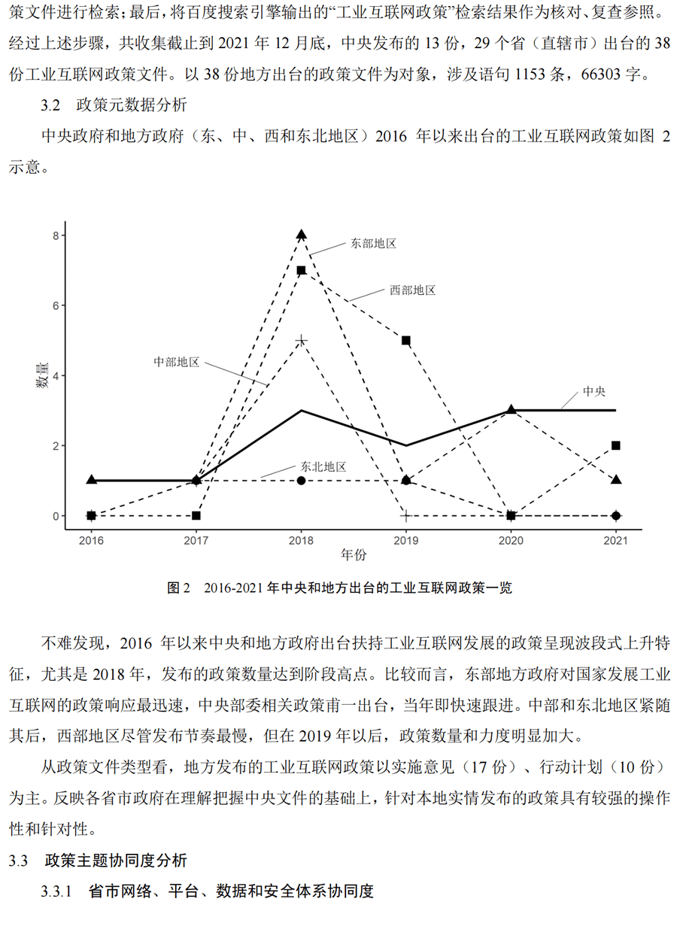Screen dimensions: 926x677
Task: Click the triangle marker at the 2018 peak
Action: (x=302, y=235)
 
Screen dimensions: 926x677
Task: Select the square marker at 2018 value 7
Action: (x=301, y=270)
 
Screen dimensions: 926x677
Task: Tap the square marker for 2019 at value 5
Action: (x=406, y=340)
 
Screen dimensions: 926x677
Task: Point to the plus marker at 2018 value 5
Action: (x=302, y=341)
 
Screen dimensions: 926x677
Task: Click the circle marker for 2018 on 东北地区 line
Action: (x=302, y=480)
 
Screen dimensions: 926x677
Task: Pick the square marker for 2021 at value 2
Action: (x=616, y=445)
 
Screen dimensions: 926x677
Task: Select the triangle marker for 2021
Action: (x=616, y=479)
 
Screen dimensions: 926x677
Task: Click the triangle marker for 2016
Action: (x=92, y=479)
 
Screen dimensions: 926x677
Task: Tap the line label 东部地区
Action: (x=373, y=243)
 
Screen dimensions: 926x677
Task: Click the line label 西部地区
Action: (x=413, y=290)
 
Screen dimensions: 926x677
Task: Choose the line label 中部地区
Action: (x=177, y=362)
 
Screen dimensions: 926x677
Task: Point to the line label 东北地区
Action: (x=323, y=466)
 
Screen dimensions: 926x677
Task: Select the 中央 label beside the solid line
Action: (x=594, y=392)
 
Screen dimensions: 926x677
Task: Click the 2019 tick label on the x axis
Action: (x=406, y=539)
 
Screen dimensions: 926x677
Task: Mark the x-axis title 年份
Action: (x=353, y=555)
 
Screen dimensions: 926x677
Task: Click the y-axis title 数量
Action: (x=44, y=375)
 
